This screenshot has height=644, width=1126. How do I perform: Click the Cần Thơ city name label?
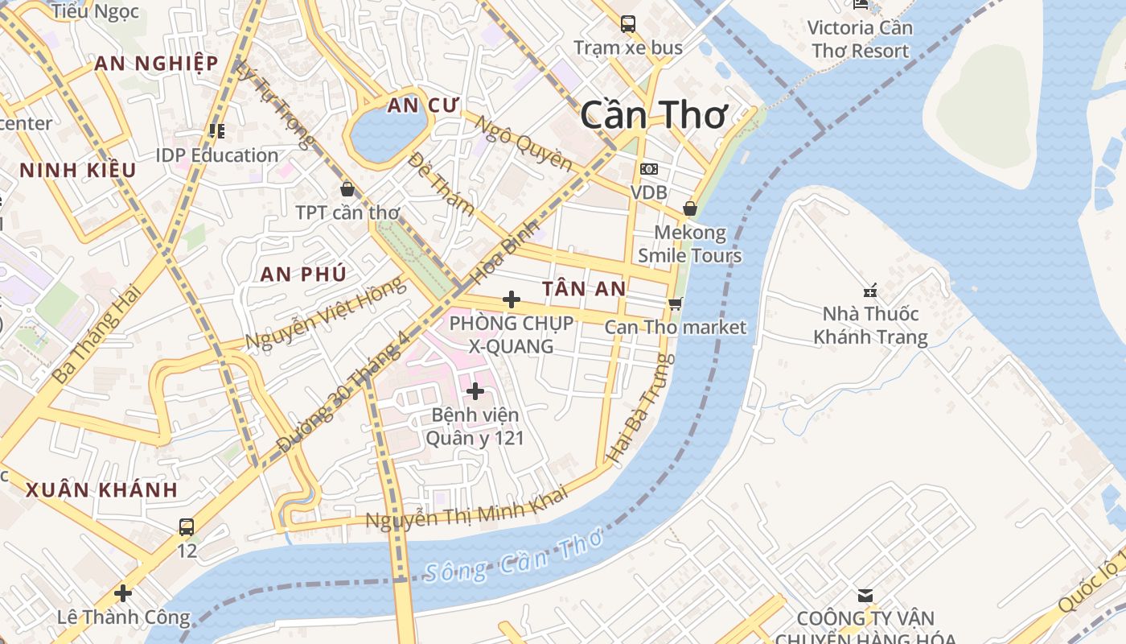(653, 115)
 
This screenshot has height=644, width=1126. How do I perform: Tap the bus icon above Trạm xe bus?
(628, 24)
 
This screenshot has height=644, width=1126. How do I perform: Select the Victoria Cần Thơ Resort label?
(860, 39)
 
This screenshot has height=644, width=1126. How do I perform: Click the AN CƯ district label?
(422, 105)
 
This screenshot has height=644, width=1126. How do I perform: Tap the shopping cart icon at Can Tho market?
(676, 303)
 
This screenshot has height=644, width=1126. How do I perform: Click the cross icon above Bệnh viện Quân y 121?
(475, 391)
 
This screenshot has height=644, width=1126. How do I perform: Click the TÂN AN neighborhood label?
(584, 289)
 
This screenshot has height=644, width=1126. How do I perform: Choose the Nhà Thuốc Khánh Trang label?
(870, 325)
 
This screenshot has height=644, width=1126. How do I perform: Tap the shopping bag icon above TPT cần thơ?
(347, 189)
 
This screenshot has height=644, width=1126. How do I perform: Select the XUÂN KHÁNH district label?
(101, 489)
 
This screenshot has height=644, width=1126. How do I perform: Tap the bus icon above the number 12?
(187, 527)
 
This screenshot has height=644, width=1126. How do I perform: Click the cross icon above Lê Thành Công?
(123, 593)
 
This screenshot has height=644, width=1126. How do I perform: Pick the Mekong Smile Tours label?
(689, 244)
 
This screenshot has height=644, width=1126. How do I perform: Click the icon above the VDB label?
(648, 169)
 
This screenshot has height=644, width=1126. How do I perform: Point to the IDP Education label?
(217, 155)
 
